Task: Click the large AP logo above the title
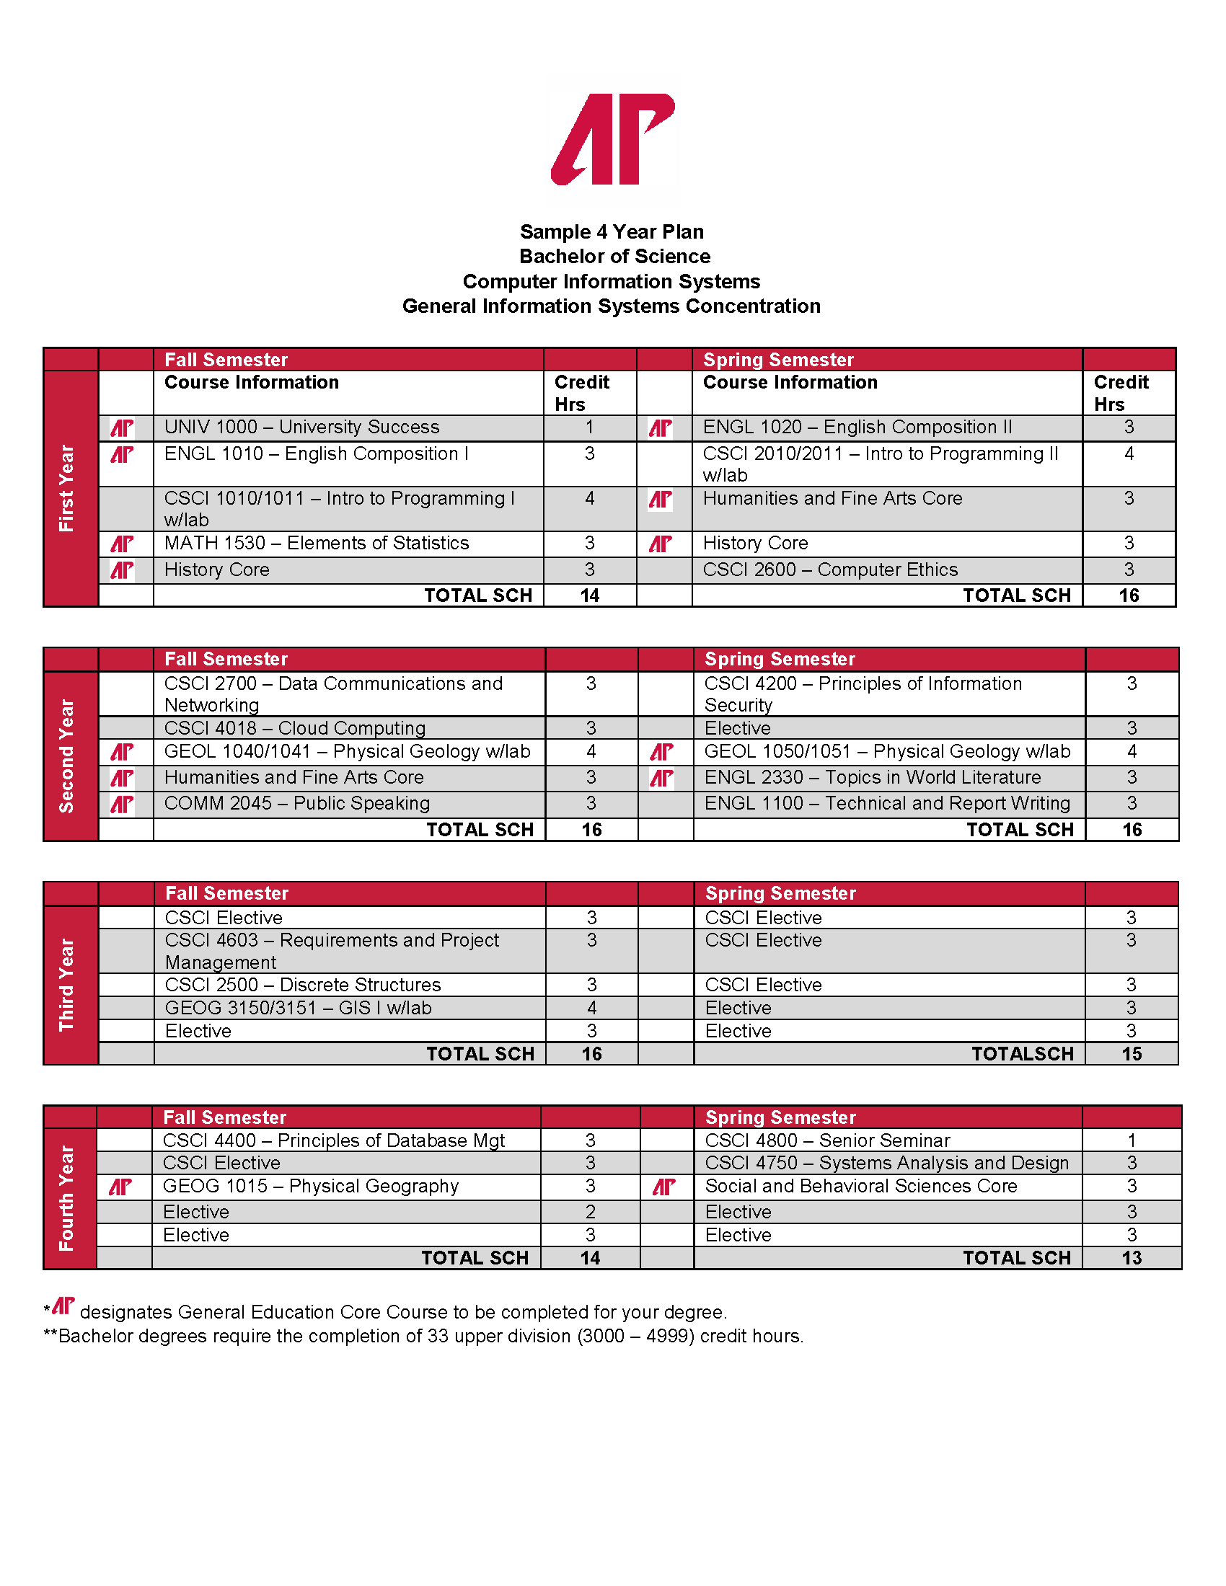click(x=612, y=138)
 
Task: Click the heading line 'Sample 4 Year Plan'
click(x=612, y=231)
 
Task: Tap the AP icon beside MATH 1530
click(x=122, y=543)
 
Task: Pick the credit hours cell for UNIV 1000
click(x=589, y=427)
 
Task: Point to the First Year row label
click(x=67, y=488)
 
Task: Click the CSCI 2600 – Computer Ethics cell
click(x=830, y=570)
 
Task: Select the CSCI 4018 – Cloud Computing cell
click(x=295, y=728)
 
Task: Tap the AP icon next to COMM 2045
click(x=122, y=804)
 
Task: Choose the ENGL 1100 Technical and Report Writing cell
click(x=887, y=803)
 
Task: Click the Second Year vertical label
click(x=67, y=756)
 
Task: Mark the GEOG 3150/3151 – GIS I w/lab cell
click(x=298, y=1008)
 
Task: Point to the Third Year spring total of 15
click(x=1132, y=1054)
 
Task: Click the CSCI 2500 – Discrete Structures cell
click(x=303, y=985)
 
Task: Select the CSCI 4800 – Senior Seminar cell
click(x=827, y=1141)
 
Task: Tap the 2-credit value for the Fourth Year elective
click(x=590, y=1212)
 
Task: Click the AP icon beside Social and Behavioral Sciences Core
click(x=663, y=1187)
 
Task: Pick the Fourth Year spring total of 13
click(x=1132, y=1259)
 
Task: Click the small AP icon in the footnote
click(x=64, y=1306)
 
